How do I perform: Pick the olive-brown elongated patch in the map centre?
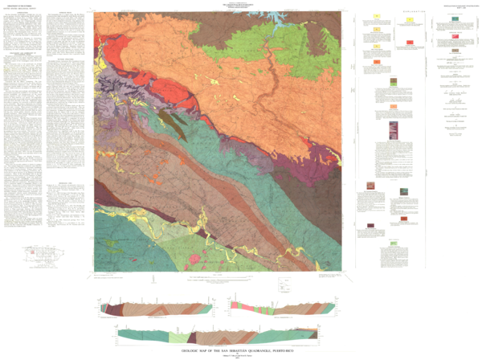[x=170, y=121]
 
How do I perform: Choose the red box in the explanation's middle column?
[x=411, y=41]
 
